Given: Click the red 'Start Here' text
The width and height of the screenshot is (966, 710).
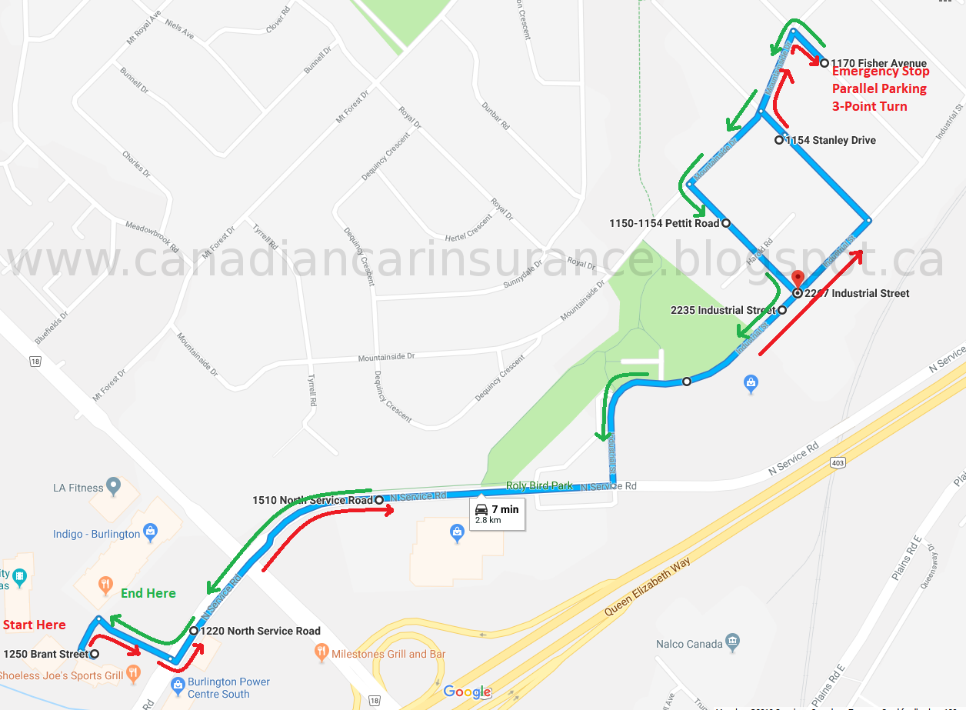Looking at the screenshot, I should pyautogui.click(x=35, y=625).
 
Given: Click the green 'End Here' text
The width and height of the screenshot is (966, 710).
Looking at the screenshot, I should pyautogui.click(x=148, y=593).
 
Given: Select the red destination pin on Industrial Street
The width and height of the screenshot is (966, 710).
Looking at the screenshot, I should pyautogui.click(x=798, y=279).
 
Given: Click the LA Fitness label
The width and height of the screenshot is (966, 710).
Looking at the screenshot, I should pyautogui.click(x=78, y=488).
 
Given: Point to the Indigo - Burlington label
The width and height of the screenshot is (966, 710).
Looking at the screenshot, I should pyautogui.click(x=97, y=534).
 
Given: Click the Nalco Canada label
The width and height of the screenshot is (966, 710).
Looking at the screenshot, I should pyautogui.click(x=689, y=644).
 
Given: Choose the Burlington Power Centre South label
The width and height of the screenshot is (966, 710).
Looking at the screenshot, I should pyautogui.click(x=228, y=688).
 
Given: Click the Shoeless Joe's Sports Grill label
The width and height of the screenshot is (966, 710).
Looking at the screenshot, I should pyautogui.click(x=61, y=676).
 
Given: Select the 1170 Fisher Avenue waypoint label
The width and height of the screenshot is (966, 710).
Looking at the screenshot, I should pyautogui.click(x=878, y=63).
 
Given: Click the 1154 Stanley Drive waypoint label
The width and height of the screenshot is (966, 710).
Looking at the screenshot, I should pyautogui.click(x=831, y=140).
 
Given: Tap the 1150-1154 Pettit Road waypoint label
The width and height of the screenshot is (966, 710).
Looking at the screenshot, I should pyautogui.click(x=664, y=223).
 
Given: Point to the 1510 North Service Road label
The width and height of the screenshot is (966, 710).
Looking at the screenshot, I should pyautogui.click(x=312, y=500).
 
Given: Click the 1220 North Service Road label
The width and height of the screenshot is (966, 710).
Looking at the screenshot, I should pyautogui.click(x=260, y=631).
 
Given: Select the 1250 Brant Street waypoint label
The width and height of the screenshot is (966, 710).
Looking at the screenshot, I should pyautogui.click(x=46, y=655).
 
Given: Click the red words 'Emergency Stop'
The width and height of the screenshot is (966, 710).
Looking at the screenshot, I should pyautogui.click(x=881, y=72).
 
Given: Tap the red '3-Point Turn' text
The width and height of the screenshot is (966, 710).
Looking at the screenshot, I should pyautogui.click(x=869, y=106).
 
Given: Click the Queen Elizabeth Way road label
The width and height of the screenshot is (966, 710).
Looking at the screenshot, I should pyautogui.click(x=648, y=586).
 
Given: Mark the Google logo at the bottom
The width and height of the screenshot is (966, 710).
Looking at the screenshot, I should pyautogui.click(x=468, y=692).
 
